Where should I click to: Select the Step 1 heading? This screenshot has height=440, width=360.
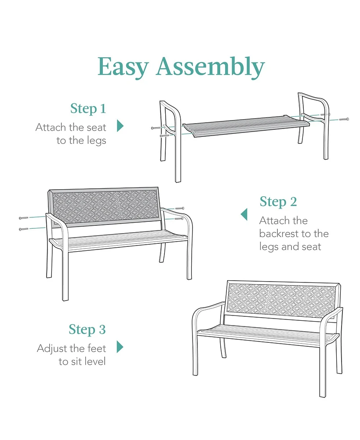tap(88, 108)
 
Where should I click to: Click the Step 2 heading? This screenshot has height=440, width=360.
tap(278, 202)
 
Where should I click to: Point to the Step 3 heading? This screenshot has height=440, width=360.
tap(87, 329)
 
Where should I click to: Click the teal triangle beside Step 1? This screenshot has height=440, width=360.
tap(120, 126)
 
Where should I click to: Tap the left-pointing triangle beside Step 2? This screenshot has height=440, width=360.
tap(244, 215)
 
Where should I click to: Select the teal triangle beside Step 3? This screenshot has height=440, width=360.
tap(120, 347)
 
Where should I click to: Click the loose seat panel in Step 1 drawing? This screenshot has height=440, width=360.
tap(246, 125)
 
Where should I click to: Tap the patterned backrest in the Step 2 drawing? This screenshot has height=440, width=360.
tap(105, 205)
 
